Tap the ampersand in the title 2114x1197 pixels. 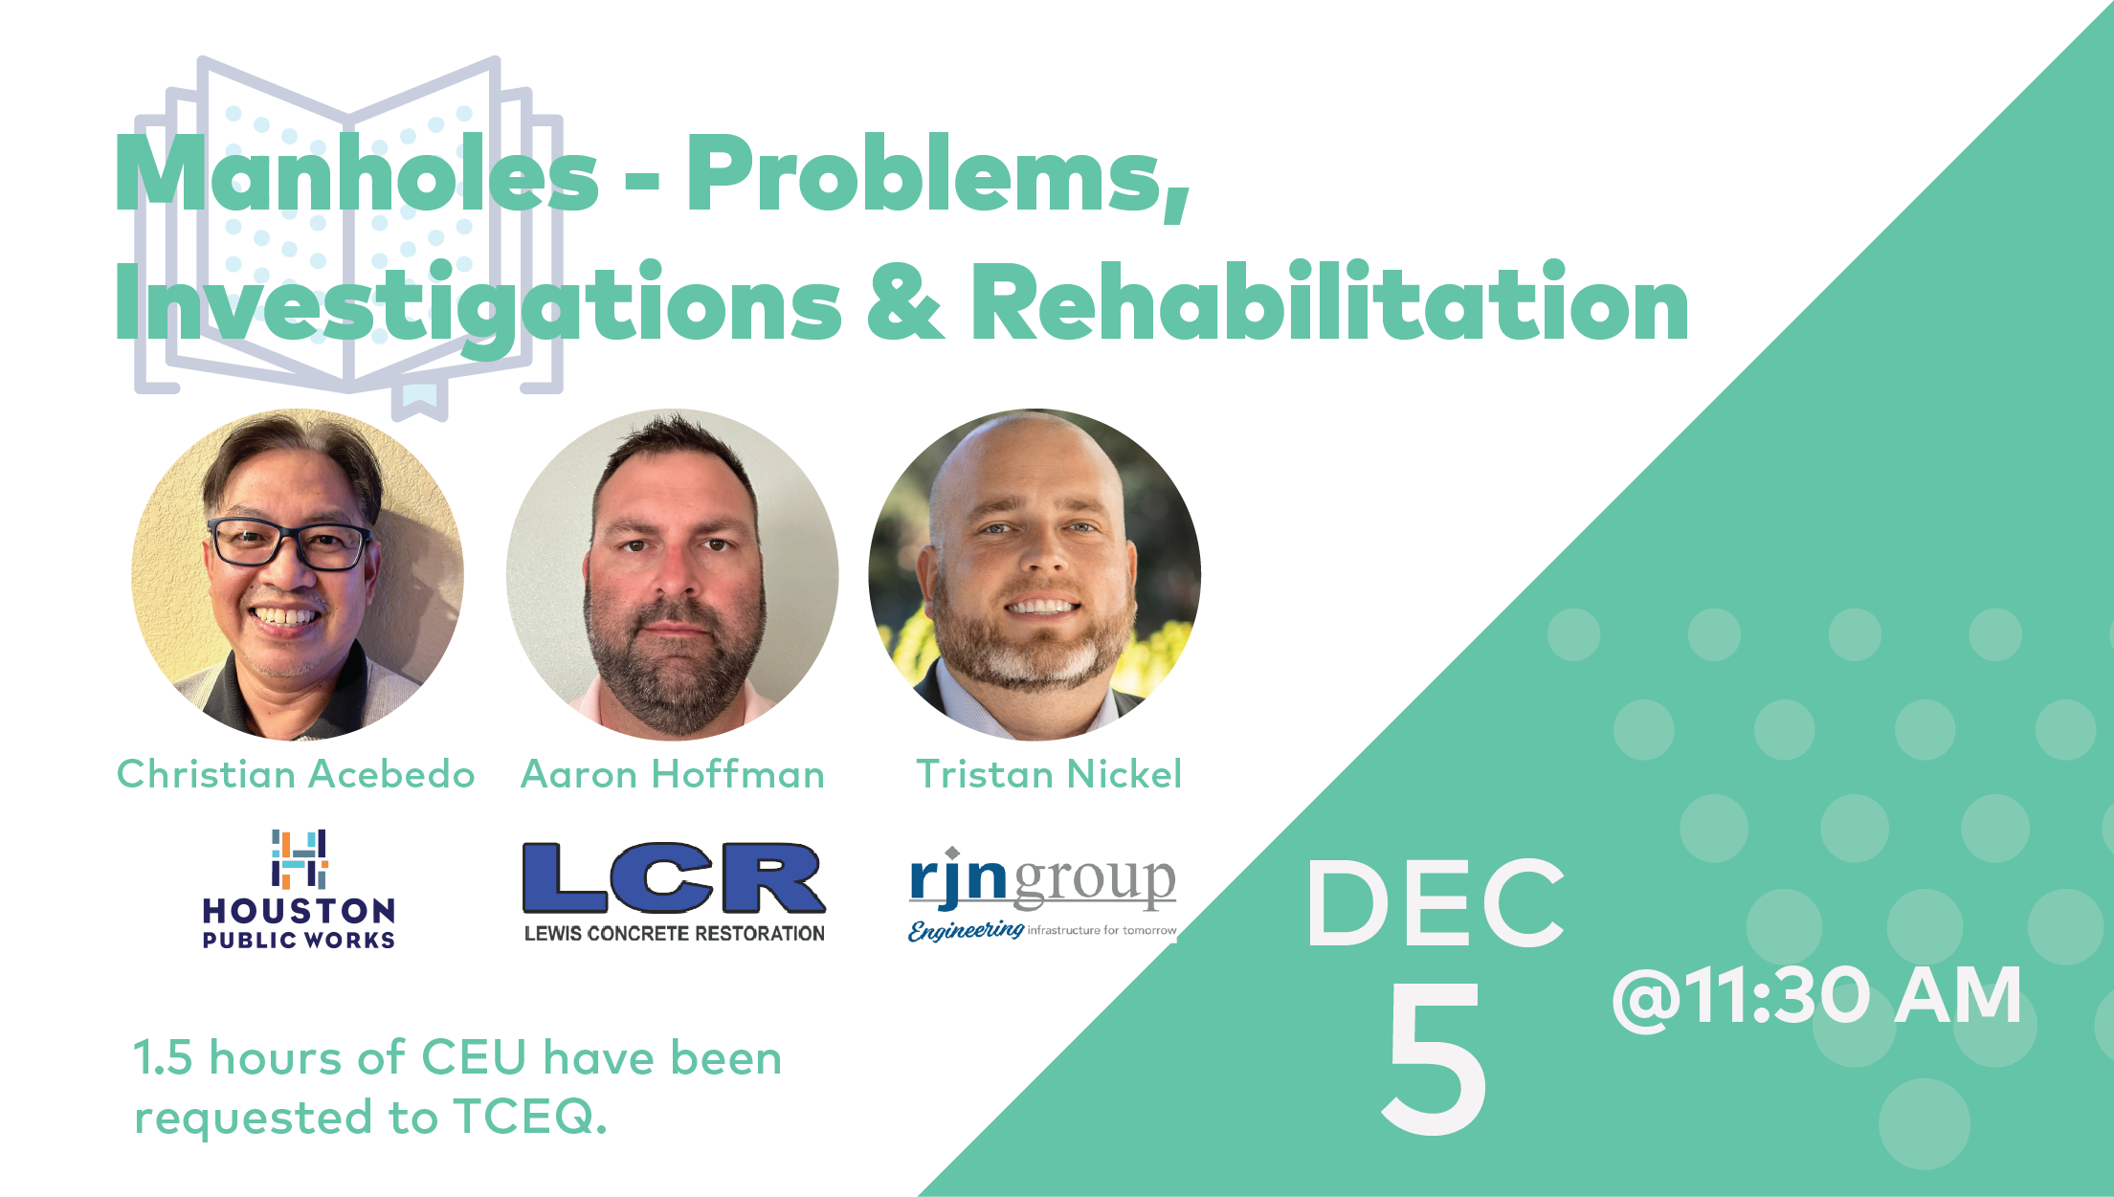[x=905, y=301]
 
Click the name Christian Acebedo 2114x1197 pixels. [x=296, y=774]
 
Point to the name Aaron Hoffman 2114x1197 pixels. [x=673, y=774]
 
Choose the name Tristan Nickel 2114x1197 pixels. [x=1049, y=774]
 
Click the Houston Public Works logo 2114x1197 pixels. [x=300, y=889]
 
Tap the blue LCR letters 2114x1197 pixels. [x=674, y=878]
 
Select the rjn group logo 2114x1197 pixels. [x=1043, y=894]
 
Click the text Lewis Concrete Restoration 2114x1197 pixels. [x=674, y=934]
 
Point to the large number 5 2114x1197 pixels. [x=1435, y=1057]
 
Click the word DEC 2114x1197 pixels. [x=1435, y=903]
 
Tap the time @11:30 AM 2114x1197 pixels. [x=1816, y=996]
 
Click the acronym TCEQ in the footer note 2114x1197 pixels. [x=529, y=1117]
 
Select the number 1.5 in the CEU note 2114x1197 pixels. [x=163, y=1058]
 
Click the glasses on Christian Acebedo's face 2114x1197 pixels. [x=288, y=543]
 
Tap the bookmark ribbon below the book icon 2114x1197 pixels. [x=420, y=399]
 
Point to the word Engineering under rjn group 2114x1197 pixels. [x=966, y=930]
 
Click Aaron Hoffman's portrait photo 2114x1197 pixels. [x=673, y=574]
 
